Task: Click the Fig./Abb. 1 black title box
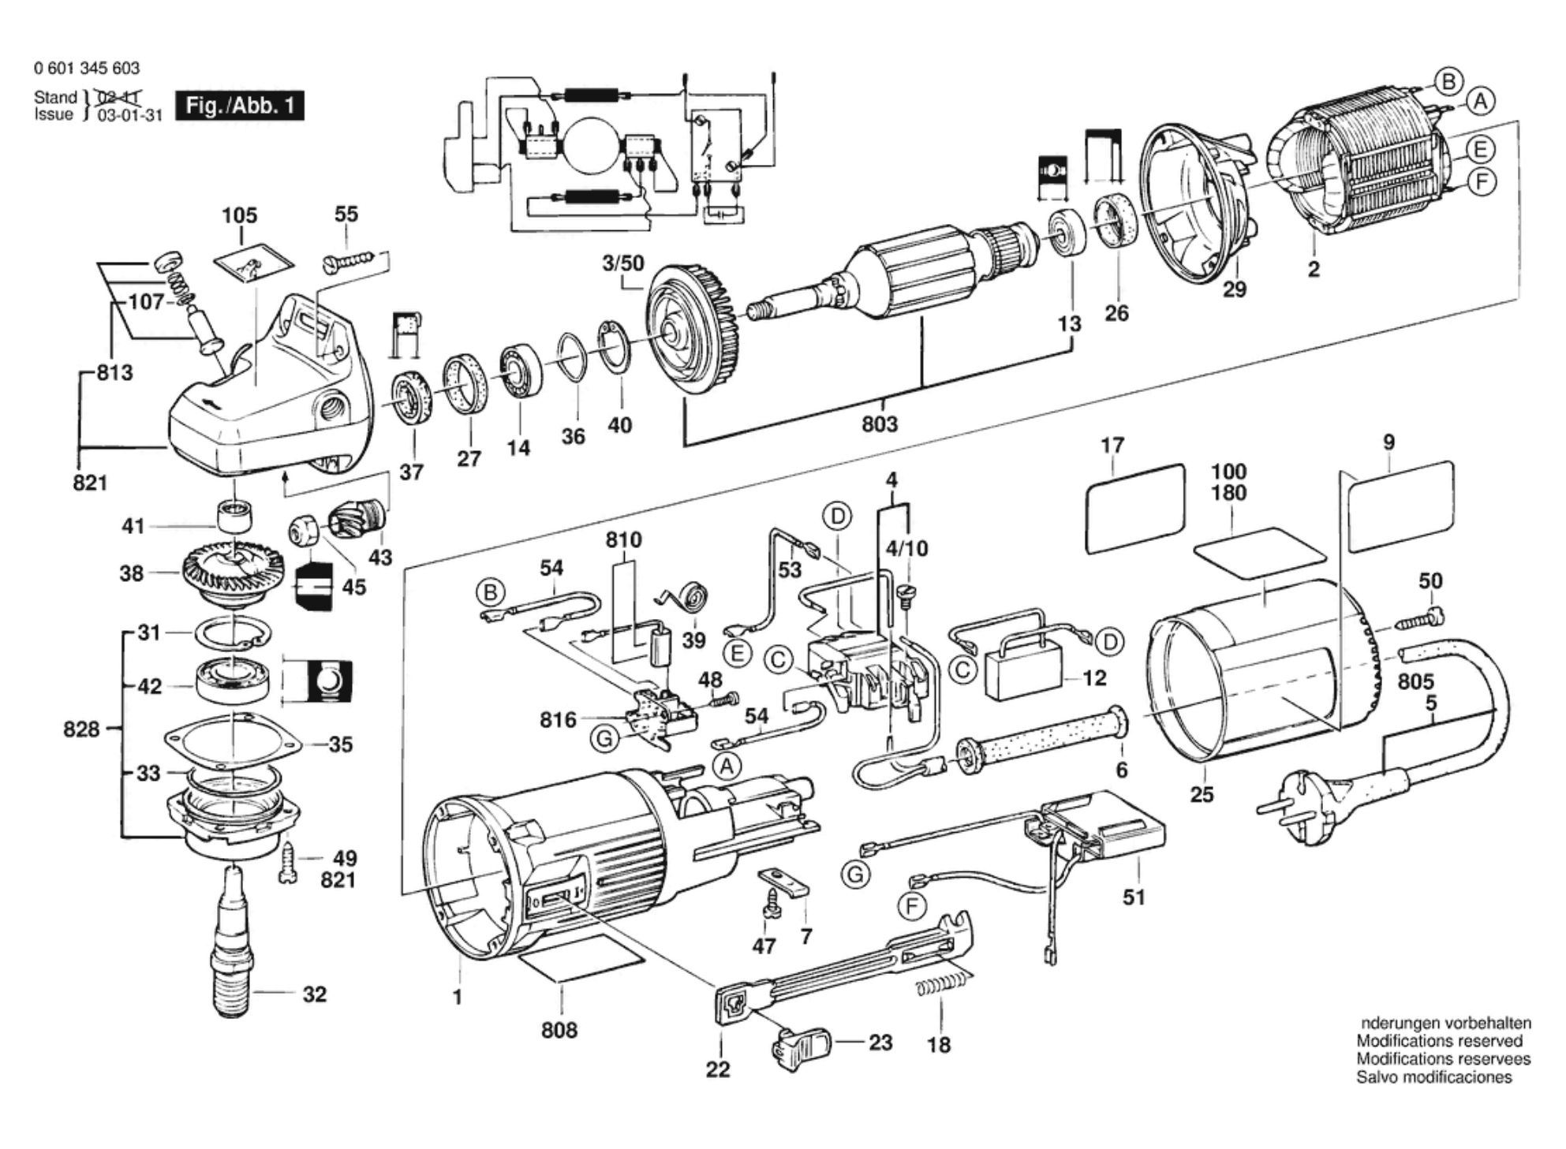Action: tap(239, 106)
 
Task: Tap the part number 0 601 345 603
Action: tap(87, 69)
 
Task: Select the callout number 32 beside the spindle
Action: tap(314, 994)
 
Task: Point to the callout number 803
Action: tap(880, 424)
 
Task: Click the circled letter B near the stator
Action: tap(1448, 81)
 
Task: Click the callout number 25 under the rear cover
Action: tap(1202, 794)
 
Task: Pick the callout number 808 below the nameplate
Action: tap(559, 1030)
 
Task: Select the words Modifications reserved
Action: tap(1439, 1041)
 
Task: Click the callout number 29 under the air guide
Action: tap(1235, 289)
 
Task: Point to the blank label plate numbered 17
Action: tap(1135, 507)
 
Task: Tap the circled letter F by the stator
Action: tap(1482, 182)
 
